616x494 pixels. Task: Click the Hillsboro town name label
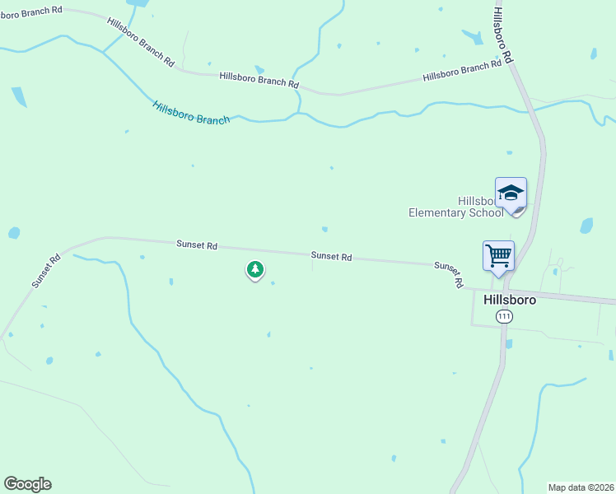(x=511, y=300)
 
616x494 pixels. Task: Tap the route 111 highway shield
(x=504, y=317)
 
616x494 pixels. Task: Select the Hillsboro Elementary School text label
(x=455, y=207)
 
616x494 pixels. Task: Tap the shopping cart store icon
(x=498, y=255)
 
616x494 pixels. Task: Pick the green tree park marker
(x=255, y=269)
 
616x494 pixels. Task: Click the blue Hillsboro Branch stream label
(x=191, y=113)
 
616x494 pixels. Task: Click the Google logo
(x=27, y=484)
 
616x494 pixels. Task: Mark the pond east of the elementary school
(x=586, y=226)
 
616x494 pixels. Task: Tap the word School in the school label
(x=487, y=212)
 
